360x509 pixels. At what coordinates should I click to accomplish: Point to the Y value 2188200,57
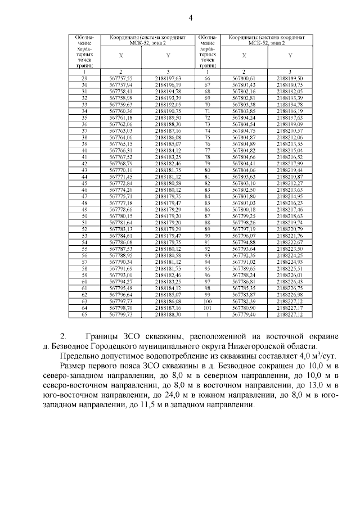coord(290,130)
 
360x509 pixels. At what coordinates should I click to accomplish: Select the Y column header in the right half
coord(290,56)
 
